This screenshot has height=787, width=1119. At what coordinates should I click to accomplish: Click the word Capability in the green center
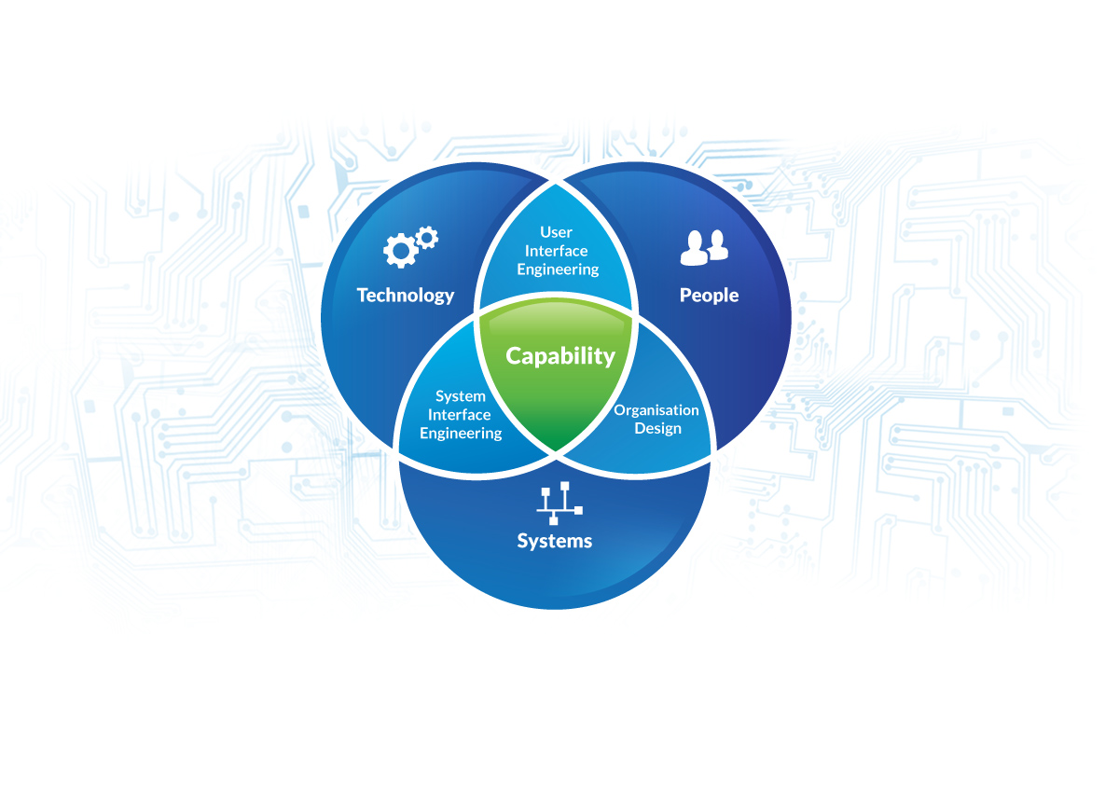(x=560, y=356)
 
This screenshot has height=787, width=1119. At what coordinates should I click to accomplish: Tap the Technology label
(x=406, y=296)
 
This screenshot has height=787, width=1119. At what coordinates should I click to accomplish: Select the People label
(x=709, y=296)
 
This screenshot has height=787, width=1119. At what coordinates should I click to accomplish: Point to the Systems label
(x=555, y=541)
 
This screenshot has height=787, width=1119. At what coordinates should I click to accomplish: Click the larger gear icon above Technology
(x=400, y=251)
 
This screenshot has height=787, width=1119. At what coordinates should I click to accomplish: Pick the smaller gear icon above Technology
(x=427, y=237)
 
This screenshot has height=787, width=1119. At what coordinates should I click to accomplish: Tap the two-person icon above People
(x=704, y=247)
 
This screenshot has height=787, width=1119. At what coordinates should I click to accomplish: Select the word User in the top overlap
(x=557, y=232)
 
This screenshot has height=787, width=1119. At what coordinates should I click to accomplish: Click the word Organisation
(x=656, y=410)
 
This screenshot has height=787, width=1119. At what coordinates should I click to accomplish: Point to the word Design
(x=658, y=429)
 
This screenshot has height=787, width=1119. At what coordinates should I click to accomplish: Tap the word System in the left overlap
(x=461, y=396)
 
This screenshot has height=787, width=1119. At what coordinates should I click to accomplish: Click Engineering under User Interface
(x=558, y=269)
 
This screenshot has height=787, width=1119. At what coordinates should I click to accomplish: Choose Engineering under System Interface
(x=461, y=434)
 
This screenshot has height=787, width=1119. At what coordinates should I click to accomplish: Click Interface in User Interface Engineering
(x=557, y=251)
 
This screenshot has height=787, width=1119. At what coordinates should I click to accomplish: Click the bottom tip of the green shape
(x=557, y=450)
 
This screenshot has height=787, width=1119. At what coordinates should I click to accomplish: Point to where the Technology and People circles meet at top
(x=556, y=179)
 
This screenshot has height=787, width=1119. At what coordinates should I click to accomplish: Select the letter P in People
(x=685, y=296)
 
